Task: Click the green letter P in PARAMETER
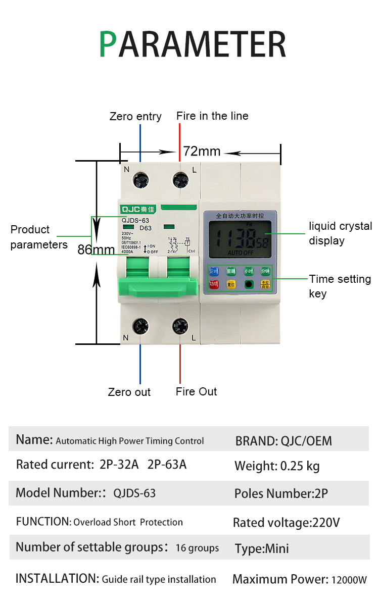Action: point(108,44)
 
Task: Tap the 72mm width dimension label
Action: point(202,151)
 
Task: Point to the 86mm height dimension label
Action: point(96,249)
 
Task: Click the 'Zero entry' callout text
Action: point(135,117)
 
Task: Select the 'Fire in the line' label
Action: point(212,116)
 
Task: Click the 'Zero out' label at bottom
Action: point(129,392)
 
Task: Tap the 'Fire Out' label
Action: point(197,391)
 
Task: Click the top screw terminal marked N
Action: point(140,179)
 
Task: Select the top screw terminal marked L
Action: point(180,179)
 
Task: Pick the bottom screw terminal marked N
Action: point(140,326)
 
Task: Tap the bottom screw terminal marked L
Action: point(180,326)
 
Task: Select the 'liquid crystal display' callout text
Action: point(340,233)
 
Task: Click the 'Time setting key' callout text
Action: point(340,286)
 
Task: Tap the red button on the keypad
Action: point(214,284)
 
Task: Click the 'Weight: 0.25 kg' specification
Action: point(277,466)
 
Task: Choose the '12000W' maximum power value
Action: point(349,580)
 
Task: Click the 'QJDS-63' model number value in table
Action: point(134,493)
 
